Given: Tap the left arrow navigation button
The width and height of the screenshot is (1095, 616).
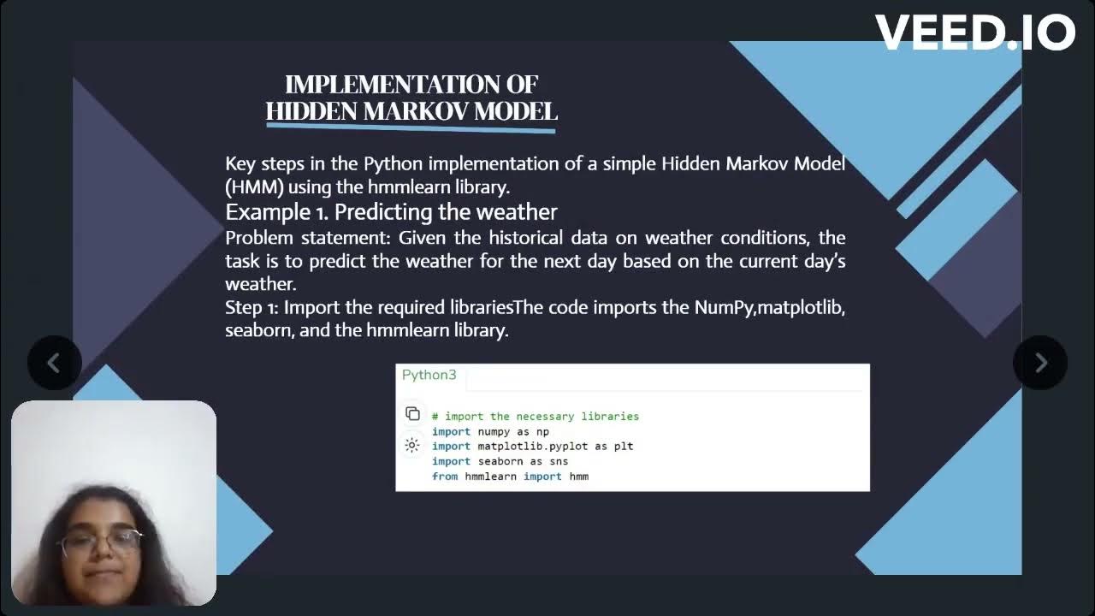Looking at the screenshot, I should (54, 363).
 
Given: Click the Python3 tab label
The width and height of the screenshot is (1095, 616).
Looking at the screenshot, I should (429, 375).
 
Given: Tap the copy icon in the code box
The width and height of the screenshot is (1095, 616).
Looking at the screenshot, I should (412, 414).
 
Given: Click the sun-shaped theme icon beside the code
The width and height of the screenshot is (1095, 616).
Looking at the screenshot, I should (412, 445).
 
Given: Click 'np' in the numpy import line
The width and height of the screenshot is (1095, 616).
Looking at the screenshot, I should (542, 432).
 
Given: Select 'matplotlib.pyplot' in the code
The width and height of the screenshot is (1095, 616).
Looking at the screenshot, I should (533, 447).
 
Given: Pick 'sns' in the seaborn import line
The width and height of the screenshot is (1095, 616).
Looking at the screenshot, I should (559, 461).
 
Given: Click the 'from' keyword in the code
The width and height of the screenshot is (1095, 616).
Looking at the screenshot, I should (445, 477).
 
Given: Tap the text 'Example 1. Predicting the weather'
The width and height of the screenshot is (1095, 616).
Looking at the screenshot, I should (391, 212).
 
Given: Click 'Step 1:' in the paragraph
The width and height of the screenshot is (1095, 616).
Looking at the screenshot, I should (252, 307).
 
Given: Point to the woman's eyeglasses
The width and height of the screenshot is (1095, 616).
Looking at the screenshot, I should (101, 541).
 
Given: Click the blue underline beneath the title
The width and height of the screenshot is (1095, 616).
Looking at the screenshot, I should (411, 128).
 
